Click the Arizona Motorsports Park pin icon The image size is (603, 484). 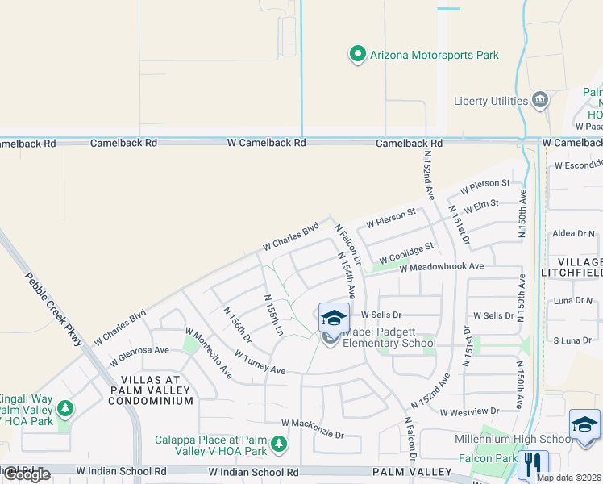357,55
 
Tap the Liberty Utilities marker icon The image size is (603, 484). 540,101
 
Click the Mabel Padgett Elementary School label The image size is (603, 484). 389,337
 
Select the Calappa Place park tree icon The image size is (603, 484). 278,444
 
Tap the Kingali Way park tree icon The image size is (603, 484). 64,409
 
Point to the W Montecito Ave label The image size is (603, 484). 209,353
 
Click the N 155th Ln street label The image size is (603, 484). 274,315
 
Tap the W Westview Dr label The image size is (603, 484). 470,411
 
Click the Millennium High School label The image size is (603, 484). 525,439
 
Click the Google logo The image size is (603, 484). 27,475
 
